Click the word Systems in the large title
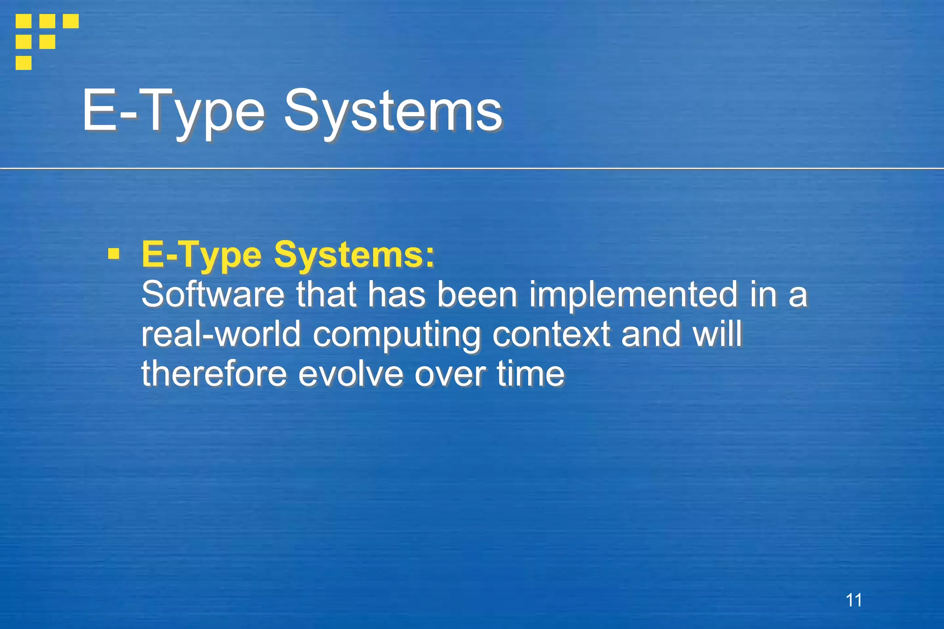click(393, 111)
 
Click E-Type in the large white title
click(173, 111)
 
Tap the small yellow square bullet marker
click(113, 254)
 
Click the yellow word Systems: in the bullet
click(354, 254)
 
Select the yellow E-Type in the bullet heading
click(201, 254)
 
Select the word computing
click(396, 335)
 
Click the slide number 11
click(854, 600)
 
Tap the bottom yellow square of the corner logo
click(24, 62)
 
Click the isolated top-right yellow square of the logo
click(71, 21)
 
